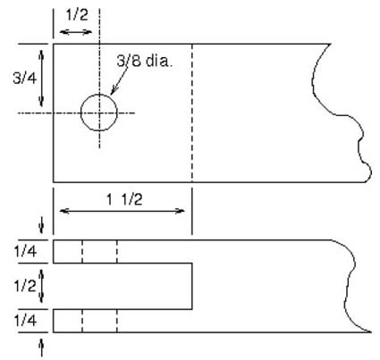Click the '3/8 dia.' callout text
pyautogui.click(x=145, y=62)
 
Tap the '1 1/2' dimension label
pyautogui.click(x=124, y=199)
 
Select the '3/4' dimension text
pyautogui.click(x=25, y=79)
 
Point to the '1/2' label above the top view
pyautogui.click(x=77, y=15)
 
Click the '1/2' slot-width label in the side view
pyautogui.click(x=25, y=286)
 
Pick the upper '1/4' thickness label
pyautogui.click(x=25, y=252)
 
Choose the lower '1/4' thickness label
pyautogui.click(x=25, y=321)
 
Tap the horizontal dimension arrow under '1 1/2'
pyautogui.click(x=122, y=211)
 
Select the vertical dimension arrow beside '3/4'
pyautogui.click(x=41, y=79)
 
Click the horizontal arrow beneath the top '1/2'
pyautogui.click(x=76, y=32)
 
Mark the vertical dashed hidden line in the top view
pyautogui.click(x=192, y=113)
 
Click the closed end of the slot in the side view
pyautogui.click(x=192, y=286)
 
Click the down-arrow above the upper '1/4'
pyautogui.click(x=42, y=226)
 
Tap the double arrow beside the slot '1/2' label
pyautogui.click(x=42, y=286)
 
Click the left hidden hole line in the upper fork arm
pyautogui.click(x=82, y=251)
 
